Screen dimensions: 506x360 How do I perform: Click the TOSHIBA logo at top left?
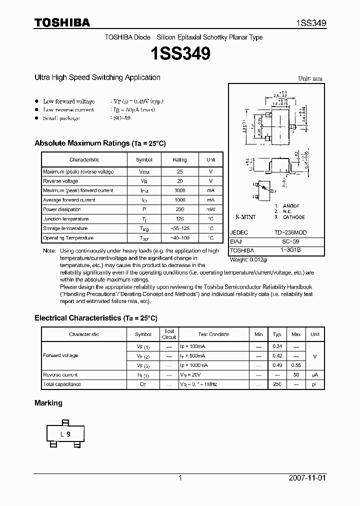pyautogui.click(x=62, y=22)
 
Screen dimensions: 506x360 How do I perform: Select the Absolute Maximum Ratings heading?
pyautogui.click(x=100, y=143)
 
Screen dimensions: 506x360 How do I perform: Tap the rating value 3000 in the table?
pyautogui.click(x=179, y=190)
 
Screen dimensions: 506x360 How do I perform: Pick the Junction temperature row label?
pyautogui.click(x=66, y=219)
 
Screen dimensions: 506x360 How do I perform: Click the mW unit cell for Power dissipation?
pyautogui.click(x=210, y=209)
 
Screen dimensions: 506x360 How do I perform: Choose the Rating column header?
pyautogui.click(x=179, y=159)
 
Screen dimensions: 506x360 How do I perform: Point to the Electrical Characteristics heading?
pyautogui.click(x=96, y=318)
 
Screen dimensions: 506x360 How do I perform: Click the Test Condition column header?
pyautogui.click(x=213, y=334)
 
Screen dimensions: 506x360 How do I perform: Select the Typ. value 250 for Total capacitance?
pyautogui.click(x=277, y=384)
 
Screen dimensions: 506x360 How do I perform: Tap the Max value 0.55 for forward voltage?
pyautogui.click(x=296, y=365)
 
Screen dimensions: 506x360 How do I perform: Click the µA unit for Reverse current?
pyautogui.click(x=314, y=374)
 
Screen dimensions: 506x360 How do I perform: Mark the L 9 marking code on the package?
pyautogui.click(x=66, y=434)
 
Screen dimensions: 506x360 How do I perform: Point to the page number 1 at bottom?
pyautogui.click(x=180, y=478)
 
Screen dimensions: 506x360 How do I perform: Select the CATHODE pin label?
pyautogui.click(x=293, y=217)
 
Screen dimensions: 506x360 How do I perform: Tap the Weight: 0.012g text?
pyautogui.click(x=248, y=259)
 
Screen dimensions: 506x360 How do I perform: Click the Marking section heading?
pyautogui.click(x=48, y=403)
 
